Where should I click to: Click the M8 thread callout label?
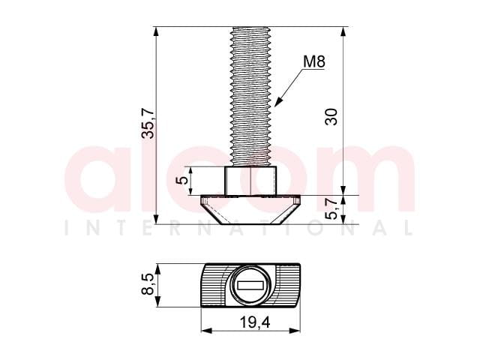[x=313, y=61]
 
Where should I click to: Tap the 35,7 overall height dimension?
[x=149, y=123]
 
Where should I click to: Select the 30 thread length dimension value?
[x=331, y=117]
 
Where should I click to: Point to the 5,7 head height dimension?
[x=331, y=208]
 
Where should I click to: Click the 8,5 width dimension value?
[x=148, y=284]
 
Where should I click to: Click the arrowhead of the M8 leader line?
[x=277, y=103]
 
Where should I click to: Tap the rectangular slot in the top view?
[x=250, y=285]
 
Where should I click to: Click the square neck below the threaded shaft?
[x=250, y=181]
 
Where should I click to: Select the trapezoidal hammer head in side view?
[x=250, y=210]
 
